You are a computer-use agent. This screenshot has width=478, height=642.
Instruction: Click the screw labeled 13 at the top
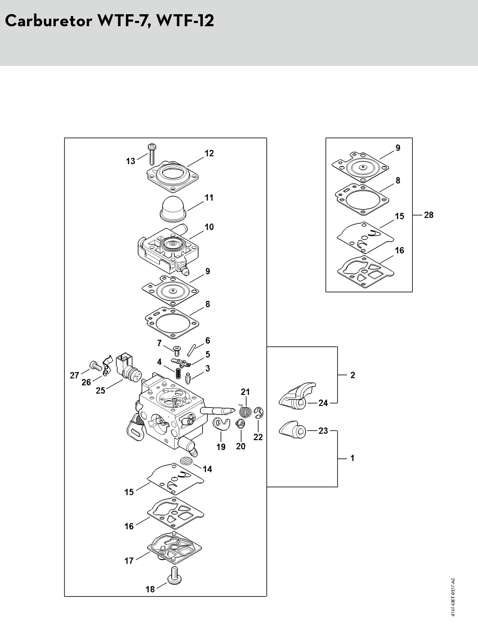[151, 154]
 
